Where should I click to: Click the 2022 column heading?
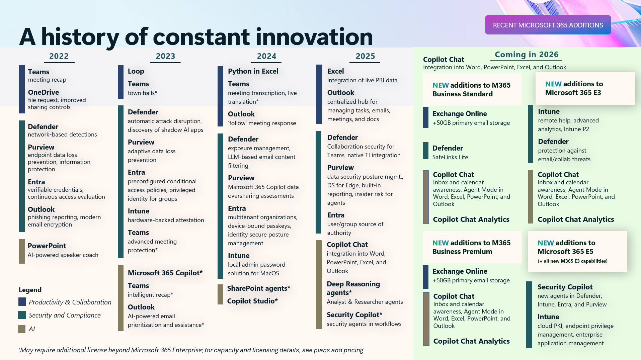(59, 56)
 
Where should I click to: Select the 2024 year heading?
(266, 56)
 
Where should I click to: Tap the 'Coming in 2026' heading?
(526, 55)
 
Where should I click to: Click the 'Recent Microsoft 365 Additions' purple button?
(548, 25)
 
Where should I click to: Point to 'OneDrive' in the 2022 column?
(44, 92)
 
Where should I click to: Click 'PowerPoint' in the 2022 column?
(47, 246)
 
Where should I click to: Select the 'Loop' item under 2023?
(136, 71)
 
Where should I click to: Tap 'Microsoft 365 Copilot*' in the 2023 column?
(165, 273)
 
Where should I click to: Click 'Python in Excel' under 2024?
(253, 71)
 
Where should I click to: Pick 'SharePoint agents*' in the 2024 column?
(258, 288)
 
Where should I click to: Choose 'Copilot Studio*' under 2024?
(252, 301)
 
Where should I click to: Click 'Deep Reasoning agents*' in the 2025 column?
(353, 288)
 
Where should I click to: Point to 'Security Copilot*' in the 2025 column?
(354, 315)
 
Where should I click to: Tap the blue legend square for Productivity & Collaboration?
(22, 302)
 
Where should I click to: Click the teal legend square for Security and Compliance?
(22, 315)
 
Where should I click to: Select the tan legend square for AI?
(22, 329)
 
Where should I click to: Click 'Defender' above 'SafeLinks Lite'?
(448, 148)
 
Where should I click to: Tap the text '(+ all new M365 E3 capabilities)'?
(572, 261)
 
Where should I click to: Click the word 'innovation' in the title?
(314, 37)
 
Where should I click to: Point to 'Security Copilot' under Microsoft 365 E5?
(565, 287)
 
